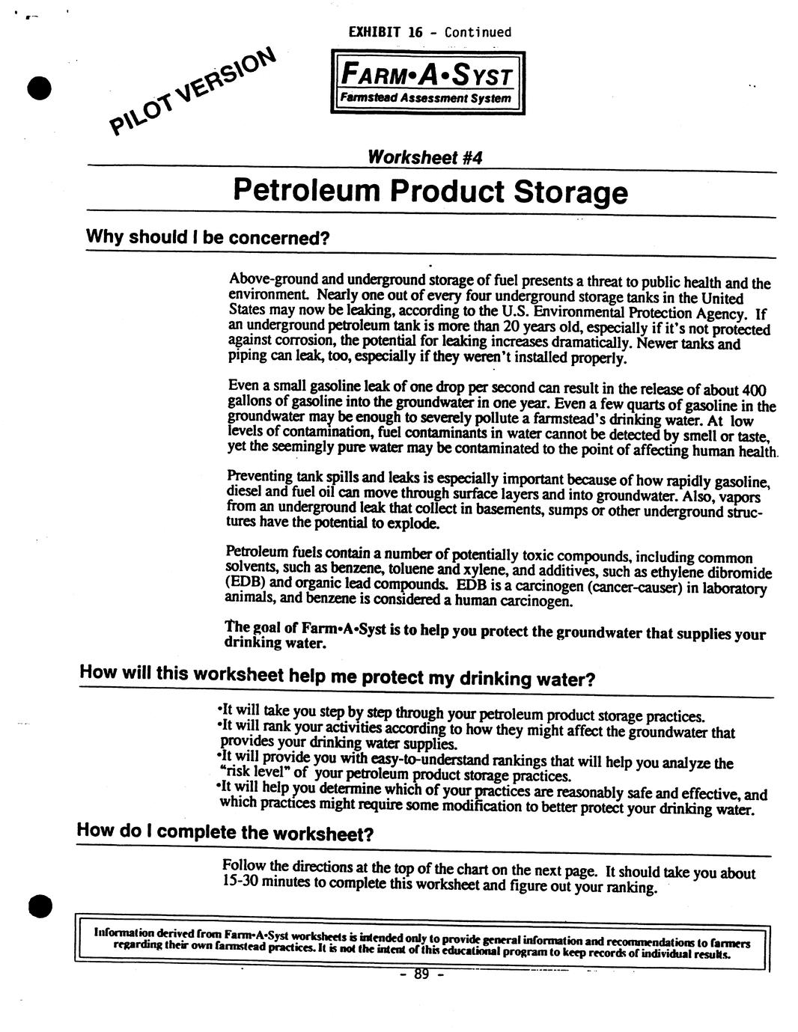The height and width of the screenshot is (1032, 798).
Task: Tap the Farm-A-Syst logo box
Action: pyautogui.click(x=427, y=82)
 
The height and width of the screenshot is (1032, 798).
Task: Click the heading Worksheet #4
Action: pyautogui.click(x=424, y=157)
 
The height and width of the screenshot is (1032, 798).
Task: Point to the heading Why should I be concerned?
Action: pyautogui.click(x=208, y=238)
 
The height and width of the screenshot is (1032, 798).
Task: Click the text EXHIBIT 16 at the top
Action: pyautogui.click(x=386, y=32)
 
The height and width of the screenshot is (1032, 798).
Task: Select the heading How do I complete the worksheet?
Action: pyautogui.click(x=225, y=832)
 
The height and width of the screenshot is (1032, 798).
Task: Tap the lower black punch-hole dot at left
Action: pyautogui.click(x=39, y=906)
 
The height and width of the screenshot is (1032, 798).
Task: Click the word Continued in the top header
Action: pyautogui.click(x=478, y=32)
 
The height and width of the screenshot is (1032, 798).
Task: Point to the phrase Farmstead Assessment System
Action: pyautogui.click(x=425, y=99)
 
